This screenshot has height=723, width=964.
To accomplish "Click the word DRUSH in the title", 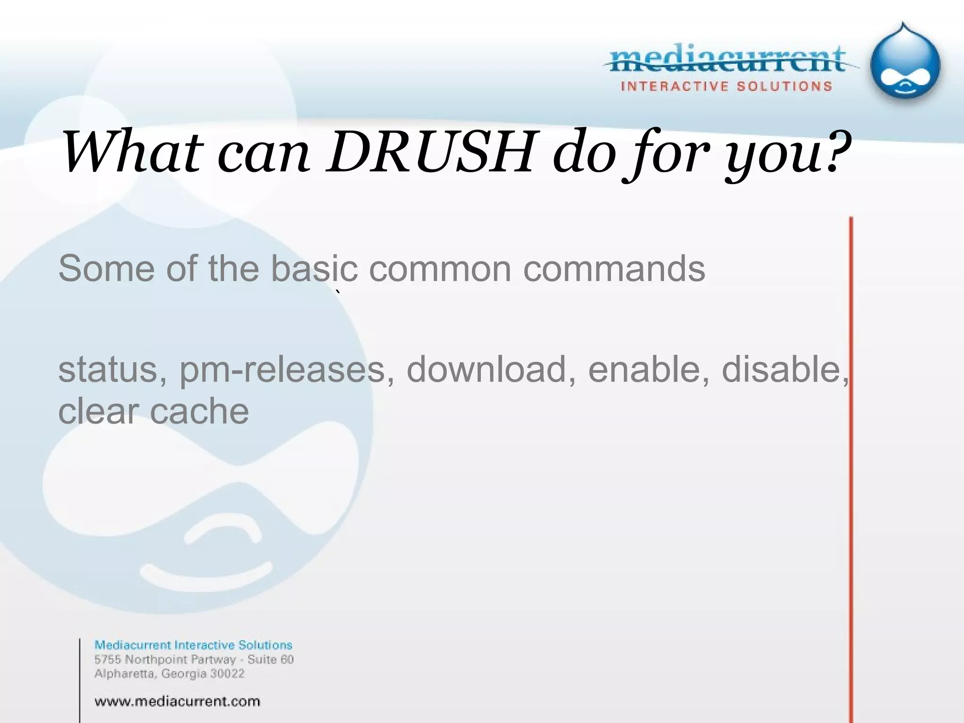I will coord(432,152).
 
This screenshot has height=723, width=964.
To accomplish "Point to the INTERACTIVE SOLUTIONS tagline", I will coord(726,87).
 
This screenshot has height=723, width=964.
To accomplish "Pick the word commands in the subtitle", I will coord(614,269).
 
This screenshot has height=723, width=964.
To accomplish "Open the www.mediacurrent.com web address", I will coord(177,701).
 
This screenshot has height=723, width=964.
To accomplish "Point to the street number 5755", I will coord(108,659).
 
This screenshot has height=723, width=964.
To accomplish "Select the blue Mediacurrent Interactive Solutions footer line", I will coord(193,645).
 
